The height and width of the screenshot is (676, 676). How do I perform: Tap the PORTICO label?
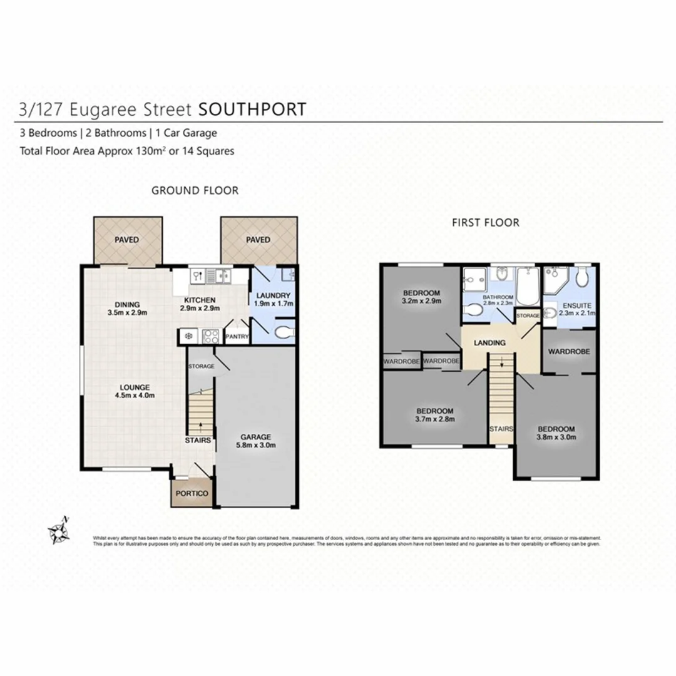[x=192, y=493]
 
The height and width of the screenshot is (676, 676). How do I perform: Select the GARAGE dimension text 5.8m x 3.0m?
[x=256, y=446]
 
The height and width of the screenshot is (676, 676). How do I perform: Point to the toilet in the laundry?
[x=282, y=332]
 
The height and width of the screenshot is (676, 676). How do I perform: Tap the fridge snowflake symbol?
[x=188, y=337]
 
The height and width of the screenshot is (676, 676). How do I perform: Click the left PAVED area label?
[x=126, y=240]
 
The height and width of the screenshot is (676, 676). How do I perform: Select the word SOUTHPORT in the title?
[x=252, y=110]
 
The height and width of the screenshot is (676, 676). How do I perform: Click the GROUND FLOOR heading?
[x=195, y=190]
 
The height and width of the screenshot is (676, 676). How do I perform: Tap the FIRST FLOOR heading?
[x=486, y=222]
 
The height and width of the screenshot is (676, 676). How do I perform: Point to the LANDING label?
[x=489, y=342]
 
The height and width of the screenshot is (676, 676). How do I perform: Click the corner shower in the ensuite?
[x=555, y=280]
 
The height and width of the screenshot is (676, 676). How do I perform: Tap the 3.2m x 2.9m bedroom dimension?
[x=421, y=301]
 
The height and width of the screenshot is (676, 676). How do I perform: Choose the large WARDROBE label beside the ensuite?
[x=568, y=352]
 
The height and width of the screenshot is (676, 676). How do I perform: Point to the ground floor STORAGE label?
[x=201, y=366]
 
